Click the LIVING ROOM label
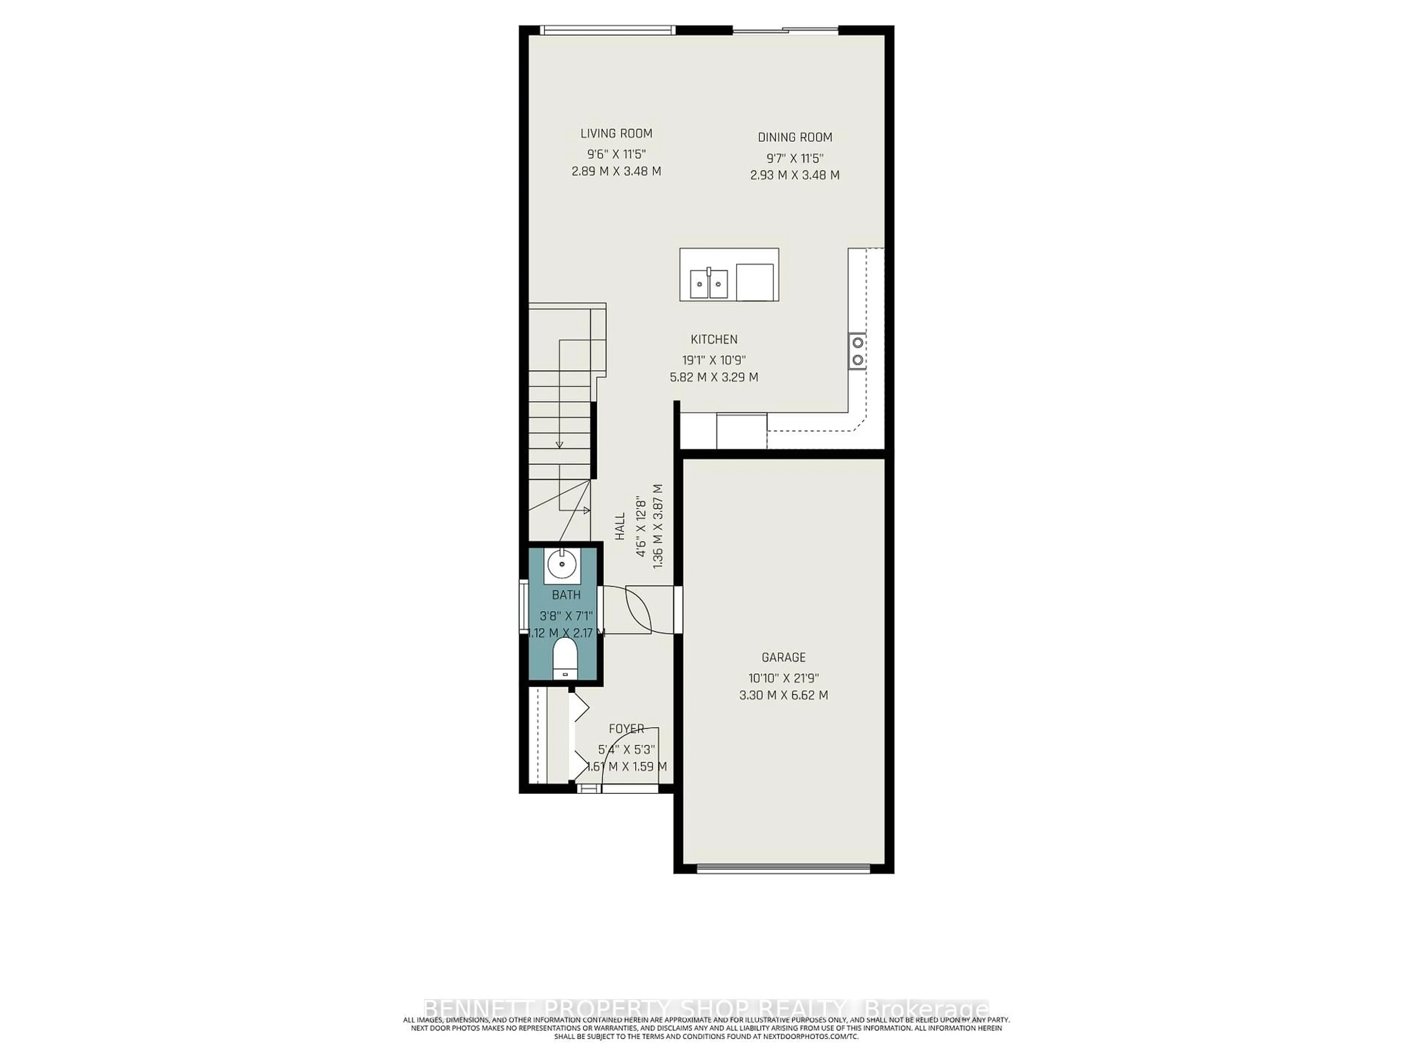(616, 134)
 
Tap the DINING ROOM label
(795, 137)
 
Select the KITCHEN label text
(713, 339)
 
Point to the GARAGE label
(783, 657)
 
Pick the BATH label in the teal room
(566, 595)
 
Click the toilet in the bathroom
(565, 658)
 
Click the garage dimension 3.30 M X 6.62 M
(783, 695)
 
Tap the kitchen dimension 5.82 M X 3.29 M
(713, 377)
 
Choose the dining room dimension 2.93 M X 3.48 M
(795, 175)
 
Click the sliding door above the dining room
(785, 30)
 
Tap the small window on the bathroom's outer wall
(523, 606)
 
